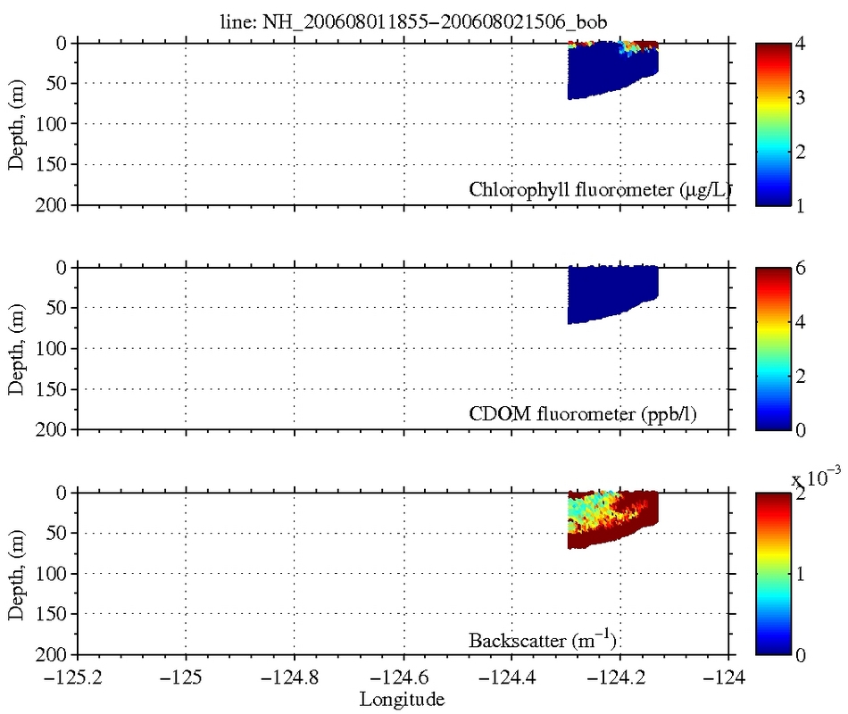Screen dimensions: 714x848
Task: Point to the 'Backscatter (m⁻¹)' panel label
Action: [x=544, y=639]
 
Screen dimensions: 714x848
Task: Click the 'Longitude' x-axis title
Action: [x=401, y=699]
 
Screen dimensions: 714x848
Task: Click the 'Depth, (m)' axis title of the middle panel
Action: [x=16, y=349]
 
